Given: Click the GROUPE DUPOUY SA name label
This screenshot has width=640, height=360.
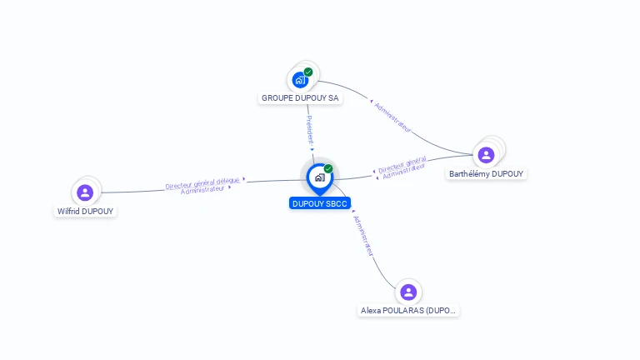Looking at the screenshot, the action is [301, 98].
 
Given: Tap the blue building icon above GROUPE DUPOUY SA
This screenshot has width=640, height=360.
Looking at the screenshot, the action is [300, 81].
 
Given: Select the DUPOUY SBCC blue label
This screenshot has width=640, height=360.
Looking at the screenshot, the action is [320, 203].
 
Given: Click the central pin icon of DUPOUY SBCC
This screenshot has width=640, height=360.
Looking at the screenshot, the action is [319, 177].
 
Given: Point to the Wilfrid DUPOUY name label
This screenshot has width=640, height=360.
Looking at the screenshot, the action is [85, 211].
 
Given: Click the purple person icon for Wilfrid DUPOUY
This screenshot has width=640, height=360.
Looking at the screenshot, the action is [85, 192].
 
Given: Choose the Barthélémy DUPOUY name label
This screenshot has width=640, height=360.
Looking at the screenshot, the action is [487, 173].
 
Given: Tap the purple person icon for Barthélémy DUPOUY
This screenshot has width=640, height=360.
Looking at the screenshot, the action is [486, 154].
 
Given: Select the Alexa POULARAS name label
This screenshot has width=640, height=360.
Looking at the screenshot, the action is [408, 310].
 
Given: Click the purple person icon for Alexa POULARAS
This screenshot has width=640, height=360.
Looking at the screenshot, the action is [408, 292].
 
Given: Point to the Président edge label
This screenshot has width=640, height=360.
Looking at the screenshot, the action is [309, 130].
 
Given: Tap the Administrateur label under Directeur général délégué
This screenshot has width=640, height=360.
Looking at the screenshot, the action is [202, 190].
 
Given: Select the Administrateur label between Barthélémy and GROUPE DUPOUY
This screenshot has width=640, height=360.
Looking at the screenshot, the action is [392, 117].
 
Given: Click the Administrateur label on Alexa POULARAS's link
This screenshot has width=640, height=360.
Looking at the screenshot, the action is [363, 236].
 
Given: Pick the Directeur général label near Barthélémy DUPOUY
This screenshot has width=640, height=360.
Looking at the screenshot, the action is [402, 165].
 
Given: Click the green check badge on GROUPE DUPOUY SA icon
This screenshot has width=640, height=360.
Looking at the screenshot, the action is [308, 72].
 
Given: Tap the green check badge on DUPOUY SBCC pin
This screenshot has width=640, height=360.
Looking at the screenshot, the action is [328, 168].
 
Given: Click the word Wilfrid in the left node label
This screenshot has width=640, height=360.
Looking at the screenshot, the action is [68, 211].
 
